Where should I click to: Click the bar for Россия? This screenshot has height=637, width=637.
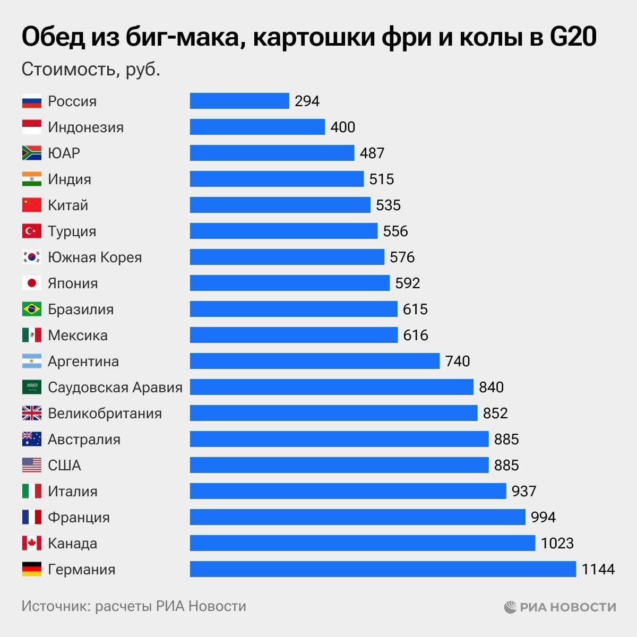pos(239,101)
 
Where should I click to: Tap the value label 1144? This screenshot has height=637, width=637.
pos(598,570)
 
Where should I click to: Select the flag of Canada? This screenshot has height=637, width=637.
pos(31,543)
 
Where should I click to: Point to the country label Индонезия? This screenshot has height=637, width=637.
pos(85,127)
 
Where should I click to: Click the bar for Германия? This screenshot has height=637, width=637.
pos(383,569)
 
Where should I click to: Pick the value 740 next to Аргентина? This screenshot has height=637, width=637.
pos(458,361)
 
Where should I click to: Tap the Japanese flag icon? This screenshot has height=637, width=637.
pos(31,283)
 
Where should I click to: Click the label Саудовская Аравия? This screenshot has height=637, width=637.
pos(115,388)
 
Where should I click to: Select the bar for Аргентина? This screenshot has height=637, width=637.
pos(315,361)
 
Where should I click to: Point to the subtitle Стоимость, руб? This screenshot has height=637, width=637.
pos(91,70)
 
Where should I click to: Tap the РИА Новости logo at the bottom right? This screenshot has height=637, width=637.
pos(560,607)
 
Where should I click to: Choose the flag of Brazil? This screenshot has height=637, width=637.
pos(31,309)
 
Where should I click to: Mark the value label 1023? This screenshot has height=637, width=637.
pos(557,544)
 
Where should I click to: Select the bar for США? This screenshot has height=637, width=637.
pos(339,465)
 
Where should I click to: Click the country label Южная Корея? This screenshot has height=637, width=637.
pos(94,257)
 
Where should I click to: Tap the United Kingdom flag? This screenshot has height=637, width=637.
pos(31,413)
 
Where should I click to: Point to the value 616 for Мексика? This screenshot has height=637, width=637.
pos(415,335)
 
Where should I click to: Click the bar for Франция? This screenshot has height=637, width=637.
pos(357,517)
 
